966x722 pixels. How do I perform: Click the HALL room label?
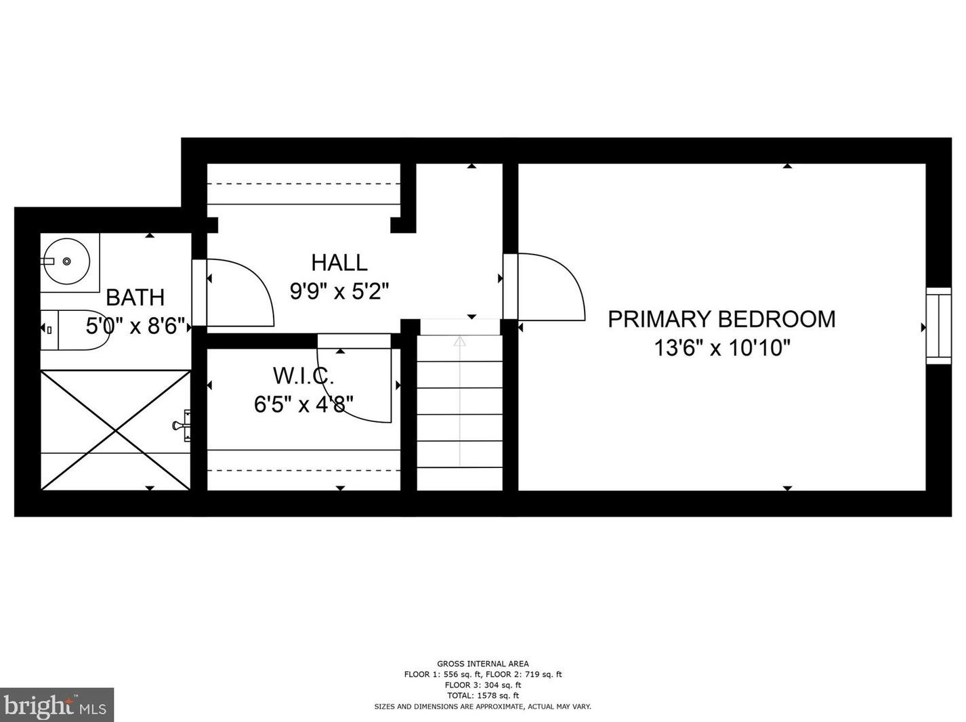point(339,263)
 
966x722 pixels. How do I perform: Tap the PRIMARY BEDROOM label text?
point(721,319)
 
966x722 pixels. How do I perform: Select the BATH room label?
point(135,297)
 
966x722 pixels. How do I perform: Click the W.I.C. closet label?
point(303,376)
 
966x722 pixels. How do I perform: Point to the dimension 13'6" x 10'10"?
point(722,348)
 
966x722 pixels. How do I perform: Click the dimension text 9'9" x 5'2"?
point(339,291)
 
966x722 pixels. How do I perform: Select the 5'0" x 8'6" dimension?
point(135,326)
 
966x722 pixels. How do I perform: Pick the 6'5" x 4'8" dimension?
point(303,404)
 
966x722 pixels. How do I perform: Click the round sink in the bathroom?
point(67,261)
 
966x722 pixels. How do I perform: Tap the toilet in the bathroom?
point(75,330)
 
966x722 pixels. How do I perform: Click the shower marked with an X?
point(115,430)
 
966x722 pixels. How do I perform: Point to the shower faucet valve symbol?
point(182,425)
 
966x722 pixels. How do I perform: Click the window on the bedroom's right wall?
point(939,326)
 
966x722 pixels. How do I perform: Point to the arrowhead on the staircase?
point(460,341)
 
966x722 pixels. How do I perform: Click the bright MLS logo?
point(57,705)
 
